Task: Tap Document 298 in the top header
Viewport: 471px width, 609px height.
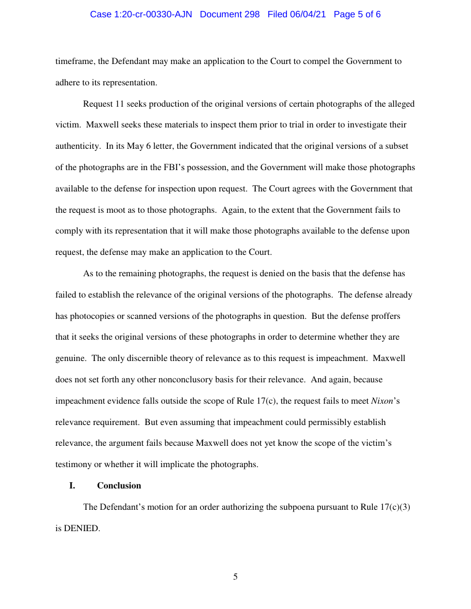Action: coord(230,14)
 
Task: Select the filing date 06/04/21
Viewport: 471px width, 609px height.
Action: coord(306,14)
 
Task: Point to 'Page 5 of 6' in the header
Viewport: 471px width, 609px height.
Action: coord(357,14)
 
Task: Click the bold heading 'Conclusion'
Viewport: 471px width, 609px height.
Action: coord(119,486)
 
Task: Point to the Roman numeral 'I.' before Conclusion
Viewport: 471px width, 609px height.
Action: coord(72,486)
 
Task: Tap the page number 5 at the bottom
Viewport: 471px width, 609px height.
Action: coord(235,577)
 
